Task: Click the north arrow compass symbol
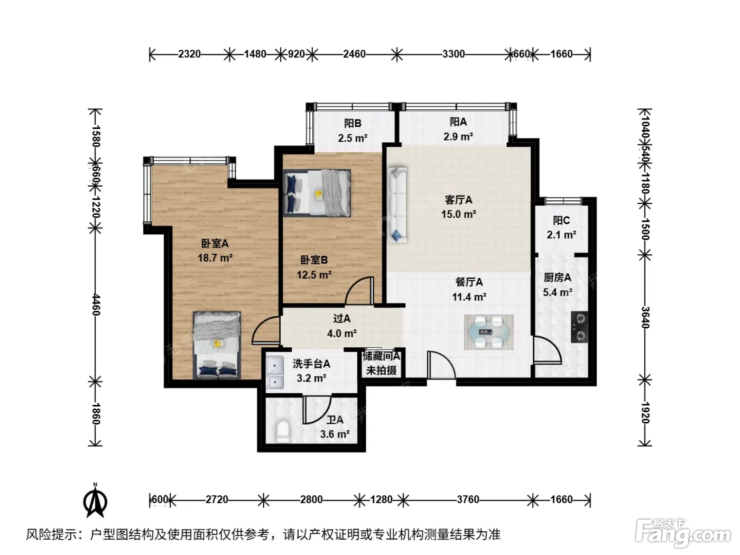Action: pyautogui.click(x=96, y=501)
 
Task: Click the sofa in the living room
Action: pyautogui.click(x=397, y=205)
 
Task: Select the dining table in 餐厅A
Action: pyautogui.click(x=488, y=332)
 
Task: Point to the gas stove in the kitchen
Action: pyautogui.click(x=579, y=327)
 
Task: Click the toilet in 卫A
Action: pyautogui.click(x=283, y=431)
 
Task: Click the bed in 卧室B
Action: pyautogui.click(x=317, y=193)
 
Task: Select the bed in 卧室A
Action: pyautogui.click(x=217, y=345)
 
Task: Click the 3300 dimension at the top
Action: pyautogui.click(x=454, y=54)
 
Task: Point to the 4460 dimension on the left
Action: pyautogui.click(x=96, y=304)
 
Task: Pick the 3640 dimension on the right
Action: pyautogui.click(x=644, y=317)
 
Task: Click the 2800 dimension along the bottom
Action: pyautogui.click(x=311, y=499)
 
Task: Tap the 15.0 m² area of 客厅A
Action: pyautogui.click(x=458, y=214)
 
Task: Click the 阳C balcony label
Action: pyautogui.click(x=561, y=220)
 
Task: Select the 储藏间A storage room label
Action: pyautogui.click(x=381, y=356)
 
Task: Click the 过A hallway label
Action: pyautogui.click(x=342, y=318)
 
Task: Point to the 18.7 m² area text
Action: pyautogui.click(x=215, y=258)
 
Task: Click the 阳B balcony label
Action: pyautogui.click(x=353, y=123)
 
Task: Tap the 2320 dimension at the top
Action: pyautogui.click(x=189, y=54)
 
